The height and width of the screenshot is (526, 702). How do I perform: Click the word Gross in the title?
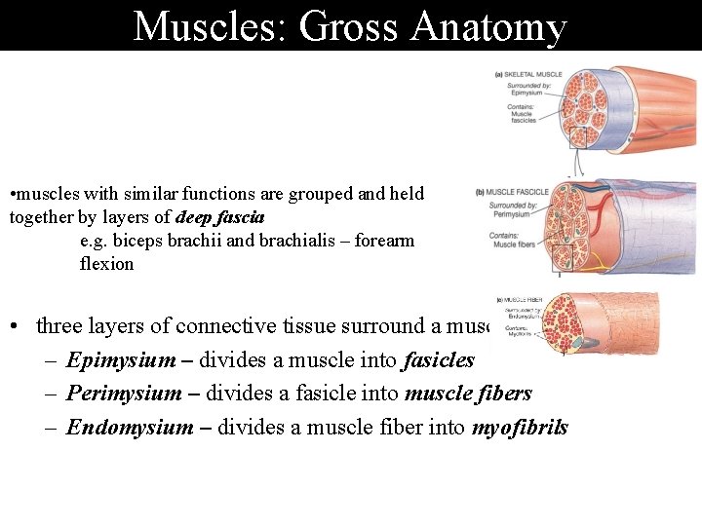pyautogui.click(x=350, y=26)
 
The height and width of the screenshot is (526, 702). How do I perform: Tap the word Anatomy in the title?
pyautogui.click(x=488, y=26)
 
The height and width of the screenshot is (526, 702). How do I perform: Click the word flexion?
pyautogui.click(x=106, y=264)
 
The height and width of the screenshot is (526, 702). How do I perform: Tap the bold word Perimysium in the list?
pyautogui.click(x=123, y=394)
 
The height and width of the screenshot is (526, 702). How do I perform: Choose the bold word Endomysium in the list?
pyautogui.click(x=130, y=427)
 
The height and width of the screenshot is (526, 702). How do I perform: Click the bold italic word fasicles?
pyautogui.click(x=438, y=360)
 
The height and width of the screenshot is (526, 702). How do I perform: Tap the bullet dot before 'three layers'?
pyautogui.click(x=18, y=326)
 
